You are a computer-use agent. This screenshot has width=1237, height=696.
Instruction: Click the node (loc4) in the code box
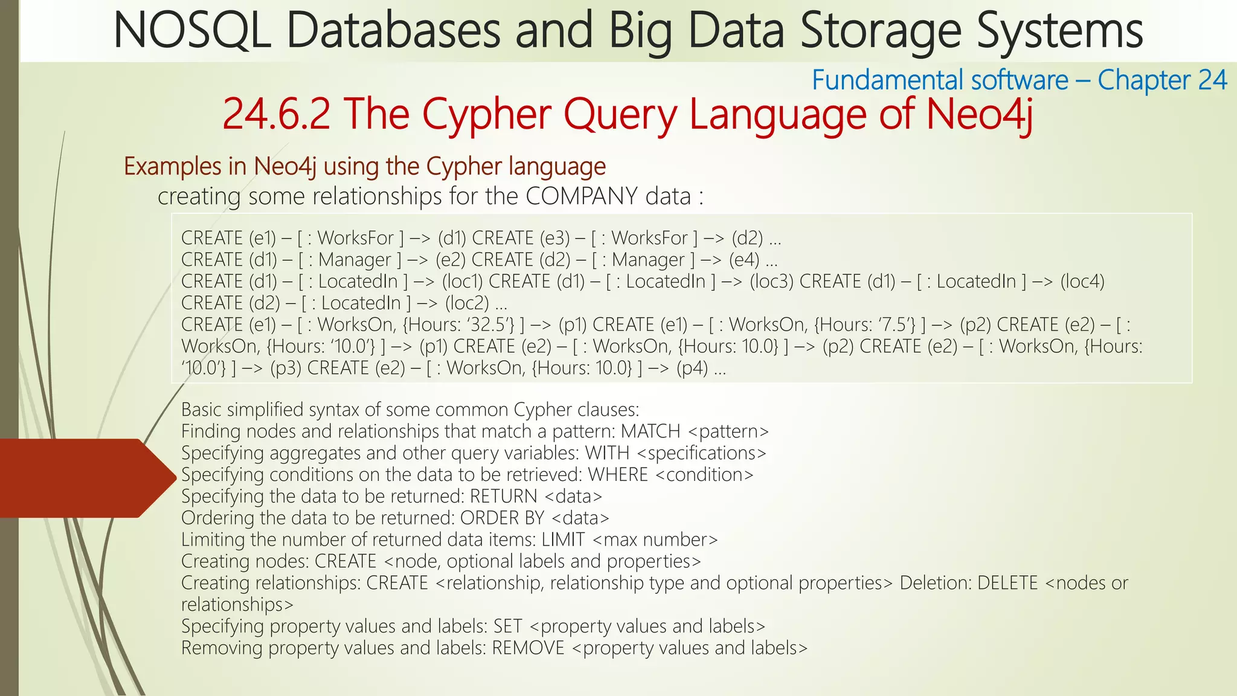[x=1082, y=282]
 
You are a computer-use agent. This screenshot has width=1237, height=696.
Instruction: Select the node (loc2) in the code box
[x=467, y=303]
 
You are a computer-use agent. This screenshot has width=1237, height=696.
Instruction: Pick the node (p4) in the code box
[x=692, y=369]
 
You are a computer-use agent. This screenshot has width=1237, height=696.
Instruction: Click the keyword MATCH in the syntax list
[x=651, y=431]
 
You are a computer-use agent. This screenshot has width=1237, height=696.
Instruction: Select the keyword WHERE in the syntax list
[x=618, y=475]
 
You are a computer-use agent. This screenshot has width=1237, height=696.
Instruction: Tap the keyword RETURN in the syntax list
[x=503, y=497]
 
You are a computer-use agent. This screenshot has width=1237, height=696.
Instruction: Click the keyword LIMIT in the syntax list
[x=563, y=540]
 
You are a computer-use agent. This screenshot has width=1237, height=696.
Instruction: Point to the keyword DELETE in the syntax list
[x=1008, y=583]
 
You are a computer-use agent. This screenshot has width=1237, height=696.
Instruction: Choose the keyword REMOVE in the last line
[x=528, y=648]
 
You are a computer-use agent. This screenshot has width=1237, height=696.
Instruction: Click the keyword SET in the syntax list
[x=507, y=627]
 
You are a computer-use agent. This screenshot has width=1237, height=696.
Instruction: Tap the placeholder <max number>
[x=655, y=540]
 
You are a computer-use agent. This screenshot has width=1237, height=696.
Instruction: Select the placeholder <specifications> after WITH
[x=701, y=453]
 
